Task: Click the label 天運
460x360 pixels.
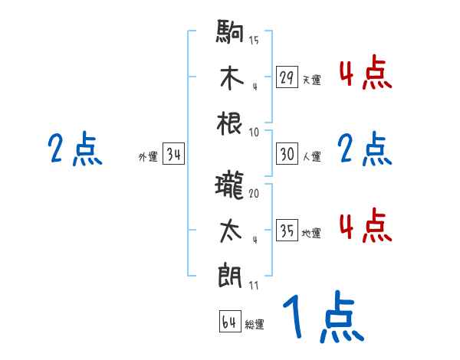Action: tap(311, 80)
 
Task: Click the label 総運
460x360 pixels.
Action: tap(255, 325)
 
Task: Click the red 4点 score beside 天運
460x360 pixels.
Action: tap(365, 74)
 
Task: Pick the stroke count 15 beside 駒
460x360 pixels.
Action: tap(254, 40)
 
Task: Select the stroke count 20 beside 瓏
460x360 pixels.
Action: tap(254, 193)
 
